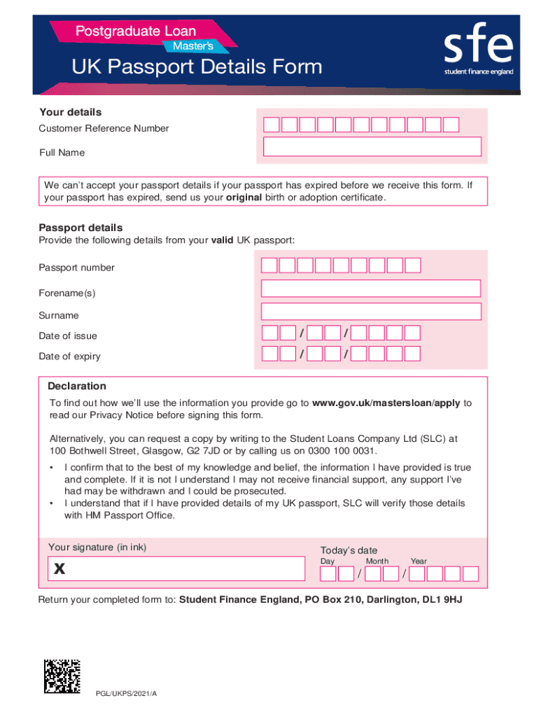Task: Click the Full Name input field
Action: pyautogui.click(x=372, y=146)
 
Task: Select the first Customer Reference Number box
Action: pyautogui.click(x=271, y=125)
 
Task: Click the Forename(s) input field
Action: pyautogui.click(x=371, y=288)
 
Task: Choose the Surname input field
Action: pyautogui.click(x=371, y=312)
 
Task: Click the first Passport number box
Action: pyautogui.click(x=269, y=265)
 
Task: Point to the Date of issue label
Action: pyautogui.click(x=68, y=336)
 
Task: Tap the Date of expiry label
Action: pyautogui.click(x=69, y=356)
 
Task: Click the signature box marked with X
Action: pyautogui.click(x=176, y=569)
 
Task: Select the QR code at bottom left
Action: pyautogui.click(x=62, y=676)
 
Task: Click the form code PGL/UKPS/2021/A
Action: pyautogui.click(x=127, y=693)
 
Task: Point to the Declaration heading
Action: pyautogui.click(x=77, y=386)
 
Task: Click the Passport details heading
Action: pyautogui.click(x=80, y=228)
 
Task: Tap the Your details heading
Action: pyautogui.click(x=70, y=112)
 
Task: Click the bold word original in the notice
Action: pyautogui.click(x=244, y=197)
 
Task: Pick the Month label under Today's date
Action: pyautogui.click(x=377, y=562)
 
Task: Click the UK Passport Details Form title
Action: pyautogui.click(x=197, y=67)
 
